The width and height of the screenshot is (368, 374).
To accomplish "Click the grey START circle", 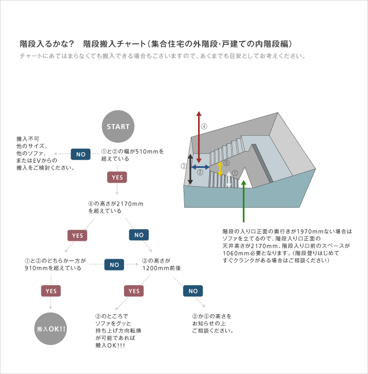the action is (x=118, y=127).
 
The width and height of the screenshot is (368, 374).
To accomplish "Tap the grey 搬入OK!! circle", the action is (x=51, y=329).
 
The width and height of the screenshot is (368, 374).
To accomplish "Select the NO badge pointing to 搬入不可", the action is (x=81, y=154).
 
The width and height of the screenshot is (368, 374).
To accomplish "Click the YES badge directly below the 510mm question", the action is (x=117, y=177).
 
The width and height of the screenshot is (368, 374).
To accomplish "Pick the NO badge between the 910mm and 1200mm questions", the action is (x=114, y=264).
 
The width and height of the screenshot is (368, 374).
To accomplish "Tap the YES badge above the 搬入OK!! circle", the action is (x=51, y=291).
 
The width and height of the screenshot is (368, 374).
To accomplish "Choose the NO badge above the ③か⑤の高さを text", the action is (x=193, y=291).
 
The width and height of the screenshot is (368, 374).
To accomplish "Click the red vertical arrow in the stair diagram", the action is (x=199, y=137).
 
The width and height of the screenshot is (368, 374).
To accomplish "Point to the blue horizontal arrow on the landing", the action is (x=201, y=167).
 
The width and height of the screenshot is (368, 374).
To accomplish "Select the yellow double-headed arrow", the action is (x=220, y=169).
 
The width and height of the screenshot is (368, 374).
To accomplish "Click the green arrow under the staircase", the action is (x=243, y=201).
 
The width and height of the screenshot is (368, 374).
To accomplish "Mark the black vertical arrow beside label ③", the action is (x=190, y=169).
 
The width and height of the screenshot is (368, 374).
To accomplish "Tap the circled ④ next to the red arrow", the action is (x=204, y=127).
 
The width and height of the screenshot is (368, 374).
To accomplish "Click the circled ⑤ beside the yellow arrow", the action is (x=227, y=163).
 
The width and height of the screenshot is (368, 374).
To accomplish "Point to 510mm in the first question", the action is (x=147, y=152).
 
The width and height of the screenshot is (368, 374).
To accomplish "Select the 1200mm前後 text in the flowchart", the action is (x=162, y=268).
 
